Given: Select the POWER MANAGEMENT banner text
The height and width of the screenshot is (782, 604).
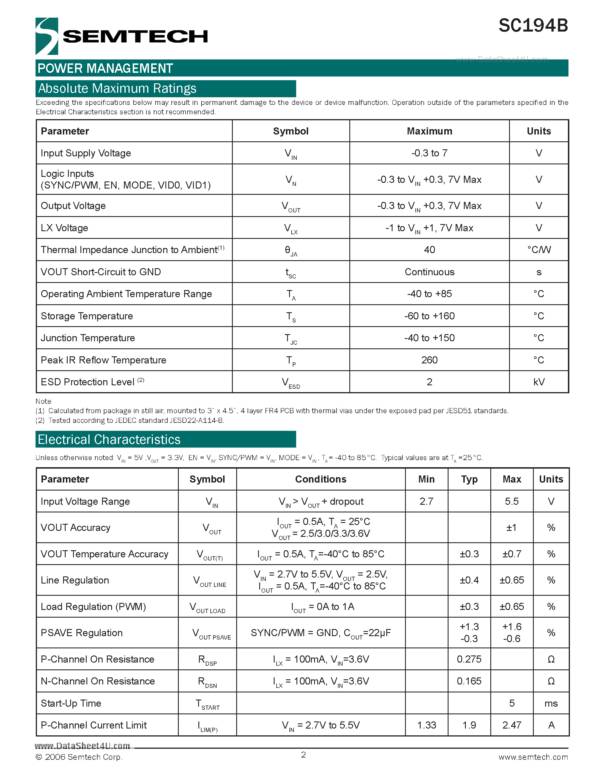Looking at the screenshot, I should coord(105,68).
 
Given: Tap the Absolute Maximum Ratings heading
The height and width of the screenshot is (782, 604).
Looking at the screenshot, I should coord(117,88).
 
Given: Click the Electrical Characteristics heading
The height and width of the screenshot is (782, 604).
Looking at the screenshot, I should coord(109,439).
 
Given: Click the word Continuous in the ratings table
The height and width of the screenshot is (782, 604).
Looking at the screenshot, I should coord(429,272).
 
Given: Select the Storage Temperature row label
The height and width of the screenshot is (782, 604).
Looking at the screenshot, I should coord(87,316).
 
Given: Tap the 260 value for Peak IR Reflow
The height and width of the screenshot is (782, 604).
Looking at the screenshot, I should coord(429,360).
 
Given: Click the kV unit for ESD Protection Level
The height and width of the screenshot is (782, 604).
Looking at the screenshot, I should coord(539,382).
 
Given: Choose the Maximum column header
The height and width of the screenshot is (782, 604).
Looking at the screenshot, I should coord(429,131).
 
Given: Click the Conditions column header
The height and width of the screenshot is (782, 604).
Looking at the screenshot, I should coord(321,479).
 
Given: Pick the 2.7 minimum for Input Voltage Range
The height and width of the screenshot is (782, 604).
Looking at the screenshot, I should coord(426,501).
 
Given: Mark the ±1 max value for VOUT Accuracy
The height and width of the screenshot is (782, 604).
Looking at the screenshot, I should coord(511,527).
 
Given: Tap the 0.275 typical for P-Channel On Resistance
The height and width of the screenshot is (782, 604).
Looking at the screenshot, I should coord(469,659).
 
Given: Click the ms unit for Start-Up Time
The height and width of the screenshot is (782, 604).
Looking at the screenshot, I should coord(551,703).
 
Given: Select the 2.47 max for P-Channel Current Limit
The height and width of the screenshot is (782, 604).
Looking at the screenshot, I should coord(511,725).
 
